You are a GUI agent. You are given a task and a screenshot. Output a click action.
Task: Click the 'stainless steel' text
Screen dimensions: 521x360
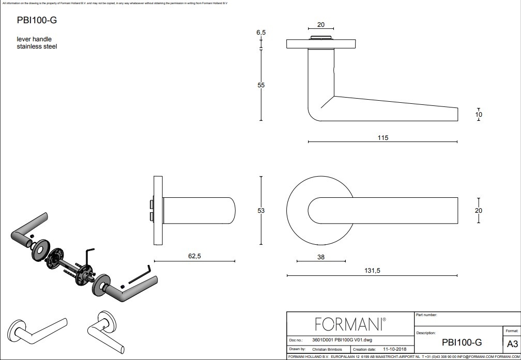tap(37, 46)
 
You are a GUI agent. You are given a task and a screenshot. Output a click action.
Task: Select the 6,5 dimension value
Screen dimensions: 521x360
tap(261, 33)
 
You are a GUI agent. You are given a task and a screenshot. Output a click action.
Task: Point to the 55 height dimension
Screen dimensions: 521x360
tap(261, 85)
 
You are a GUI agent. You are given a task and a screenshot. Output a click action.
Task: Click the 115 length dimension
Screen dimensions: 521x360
tap(382, 138)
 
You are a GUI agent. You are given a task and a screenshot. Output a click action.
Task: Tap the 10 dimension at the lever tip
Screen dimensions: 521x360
tap(479, 115)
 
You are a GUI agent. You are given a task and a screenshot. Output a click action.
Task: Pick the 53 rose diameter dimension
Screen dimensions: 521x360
tap(261, 211)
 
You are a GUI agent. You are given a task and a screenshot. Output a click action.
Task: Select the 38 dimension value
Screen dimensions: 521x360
tap(320, 257)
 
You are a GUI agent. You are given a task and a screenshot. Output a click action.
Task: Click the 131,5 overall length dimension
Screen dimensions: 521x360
tap(372, 271)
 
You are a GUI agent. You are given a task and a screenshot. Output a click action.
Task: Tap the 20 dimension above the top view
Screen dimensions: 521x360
tap(320, 25)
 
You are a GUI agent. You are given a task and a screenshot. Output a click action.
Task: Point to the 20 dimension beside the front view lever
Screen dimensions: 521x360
tap(479, 210)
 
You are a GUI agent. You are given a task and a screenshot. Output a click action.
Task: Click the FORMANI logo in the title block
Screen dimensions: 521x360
tap(350, 324)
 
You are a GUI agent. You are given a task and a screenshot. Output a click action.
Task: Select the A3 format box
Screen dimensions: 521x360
tap(512, 344)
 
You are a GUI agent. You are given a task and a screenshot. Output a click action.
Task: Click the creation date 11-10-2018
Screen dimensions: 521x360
tap(394, 349)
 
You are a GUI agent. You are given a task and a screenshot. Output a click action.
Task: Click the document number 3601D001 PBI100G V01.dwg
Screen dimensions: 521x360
tap(342, 340)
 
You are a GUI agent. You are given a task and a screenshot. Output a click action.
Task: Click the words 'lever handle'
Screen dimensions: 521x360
tap(34, 39)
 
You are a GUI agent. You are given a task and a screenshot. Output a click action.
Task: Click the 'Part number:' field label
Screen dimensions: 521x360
tap(426, 315)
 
